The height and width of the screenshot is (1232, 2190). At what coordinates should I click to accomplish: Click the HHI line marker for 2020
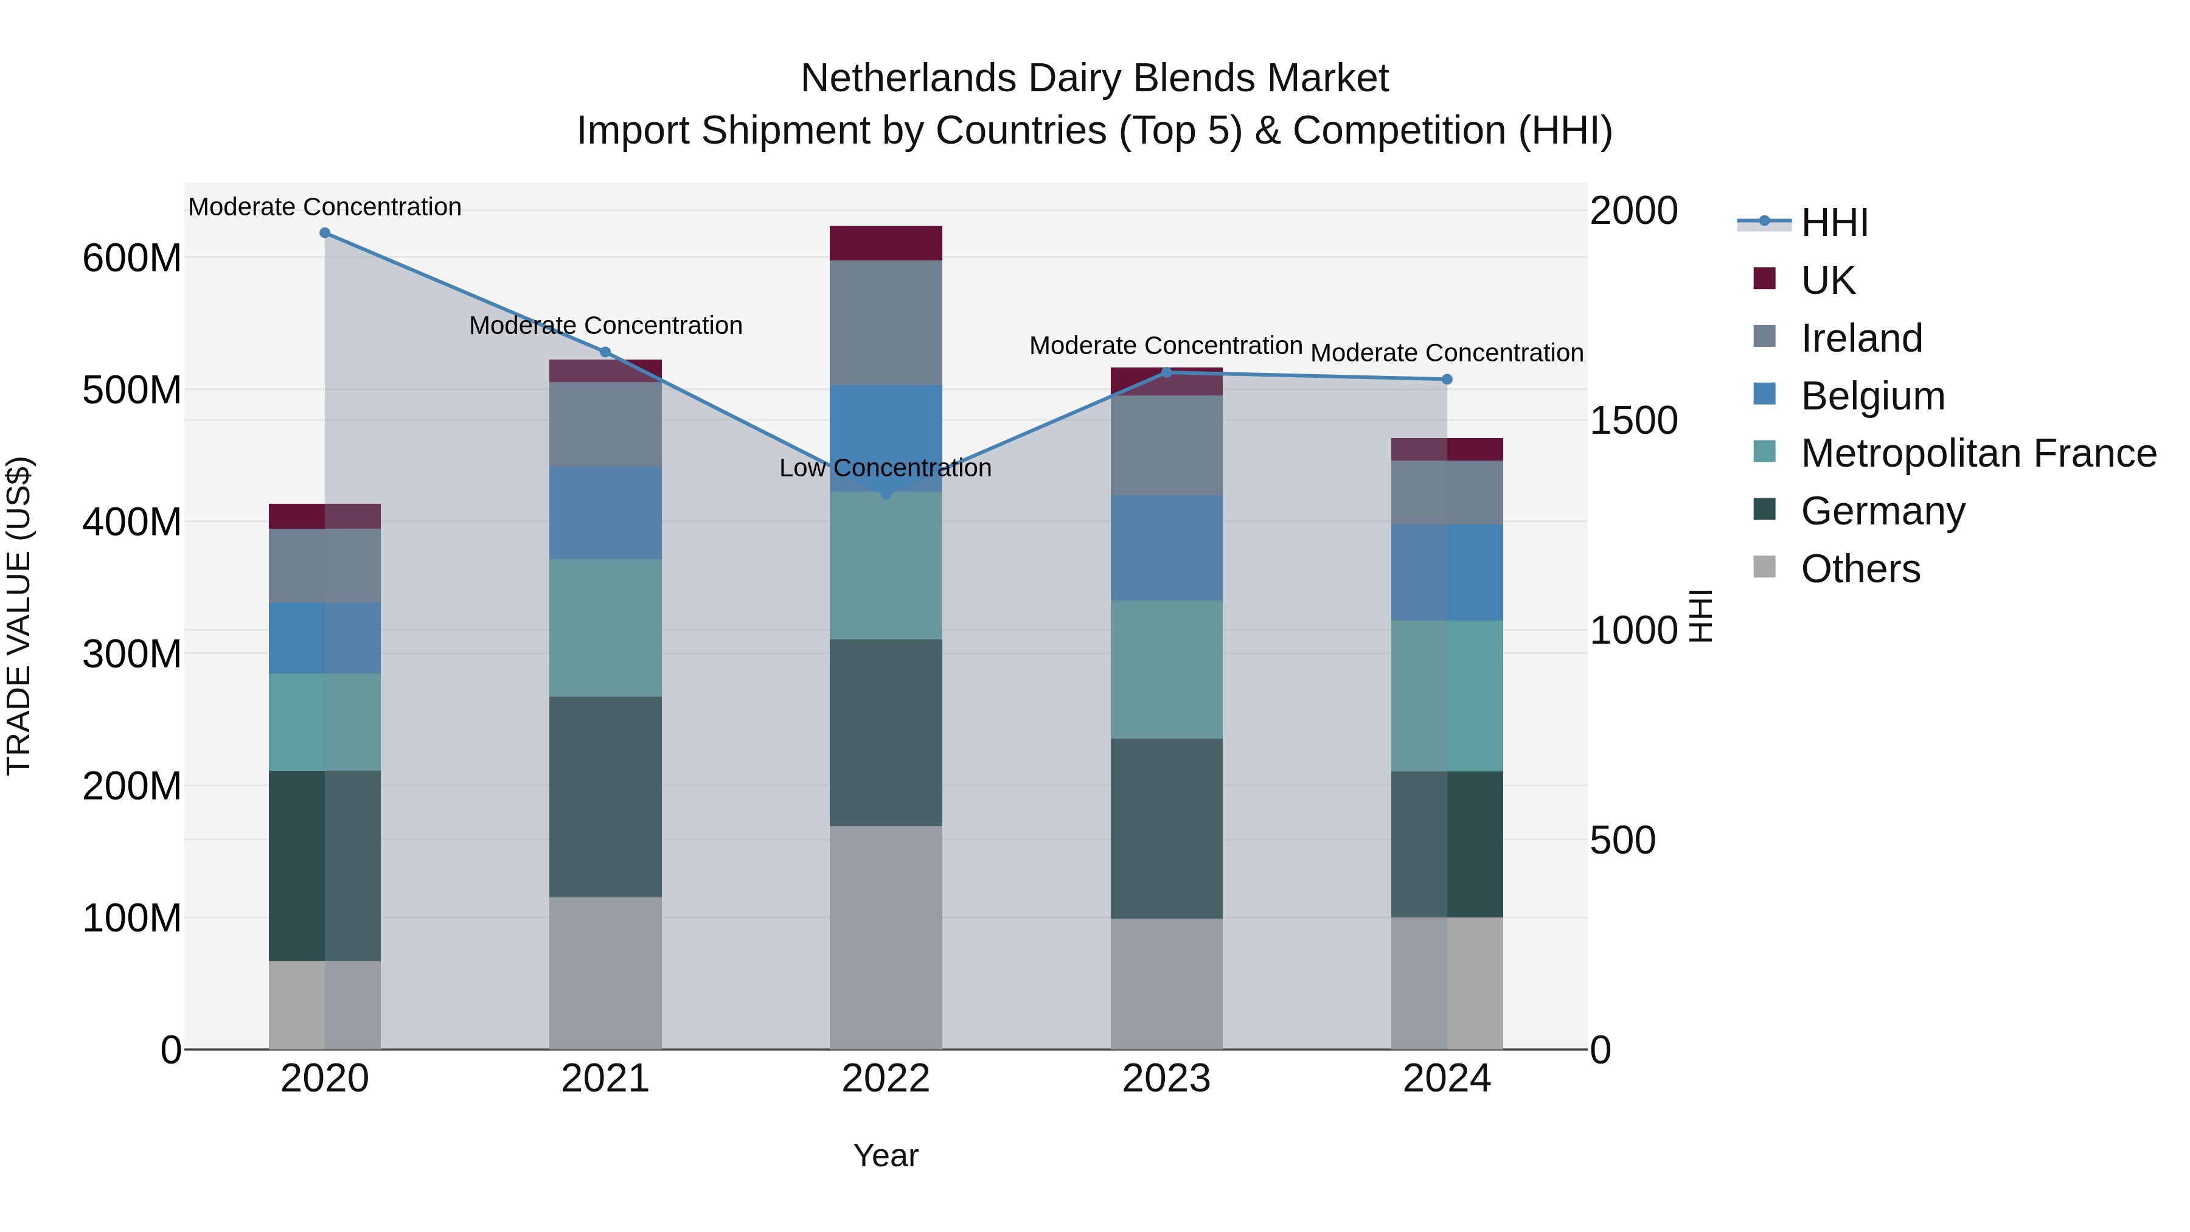point(325,233)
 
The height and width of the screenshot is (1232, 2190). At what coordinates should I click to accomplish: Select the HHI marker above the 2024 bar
point(1447,379)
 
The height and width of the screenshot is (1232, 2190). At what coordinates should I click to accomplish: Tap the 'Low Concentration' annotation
point(885,468)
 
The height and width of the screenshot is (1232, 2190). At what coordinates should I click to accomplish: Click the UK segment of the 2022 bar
point(885,243)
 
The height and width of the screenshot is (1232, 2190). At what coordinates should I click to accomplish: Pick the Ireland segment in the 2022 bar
point(885,323)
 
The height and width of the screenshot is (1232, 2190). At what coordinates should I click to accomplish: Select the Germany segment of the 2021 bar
point(605,796)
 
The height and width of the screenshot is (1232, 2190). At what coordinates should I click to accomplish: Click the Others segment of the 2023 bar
point(1166,984)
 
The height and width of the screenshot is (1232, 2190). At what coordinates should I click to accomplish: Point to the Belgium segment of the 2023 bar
point(1166,548)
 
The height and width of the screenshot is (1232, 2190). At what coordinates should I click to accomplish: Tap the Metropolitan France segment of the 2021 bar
point(605,627)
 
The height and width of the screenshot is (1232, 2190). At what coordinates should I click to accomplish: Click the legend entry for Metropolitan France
point(1978,453)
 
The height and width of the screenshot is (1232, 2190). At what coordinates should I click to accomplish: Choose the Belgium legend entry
point(1872,396)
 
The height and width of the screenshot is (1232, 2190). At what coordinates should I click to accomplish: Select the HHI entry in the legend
point(1834,223)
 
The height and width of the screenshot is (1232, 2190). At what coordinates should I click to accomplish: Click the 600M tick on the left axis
point(132,259)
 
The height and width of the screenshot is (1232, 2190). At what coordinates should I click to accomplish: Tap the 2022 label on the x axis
point(885,1079)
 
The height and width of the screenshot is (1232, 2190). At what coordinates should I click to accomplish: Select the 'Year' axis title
point(885,1155)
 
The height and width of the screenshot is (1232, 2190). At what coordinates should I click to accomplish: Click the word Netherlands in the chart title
point(908,79)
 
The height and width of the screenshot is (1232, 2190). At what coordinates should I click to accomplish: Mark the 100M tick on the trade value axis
point(132,918)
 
